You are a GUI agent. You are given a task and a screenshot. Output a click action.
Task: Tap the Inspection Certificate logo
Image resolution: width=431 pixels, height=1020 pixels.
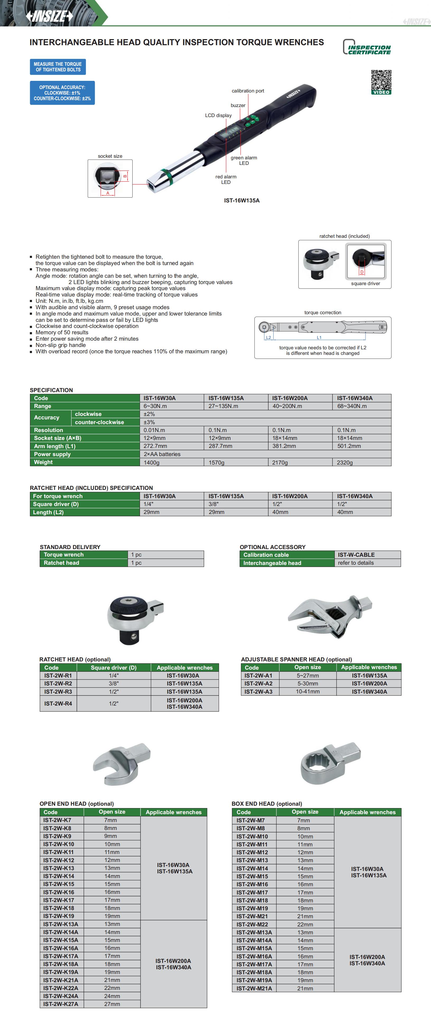click(367, 47)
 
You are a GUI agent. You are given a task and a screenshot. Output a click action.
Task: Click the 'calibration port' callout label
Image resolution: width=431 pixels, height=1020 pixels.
click(248, 91)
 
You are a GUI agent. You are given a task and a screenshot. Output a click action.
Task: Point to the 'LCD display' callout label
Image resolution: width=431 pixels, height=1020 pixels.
click(218, 115)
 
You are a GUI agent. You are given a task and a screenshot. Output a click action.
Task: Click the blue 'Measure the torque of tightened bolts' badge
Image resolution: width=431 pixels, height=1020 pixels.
click(58, 67)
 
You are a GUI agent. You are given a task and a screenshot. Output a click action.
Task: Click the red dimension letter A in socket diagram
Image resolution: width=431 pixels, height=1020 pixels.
click(108, 193)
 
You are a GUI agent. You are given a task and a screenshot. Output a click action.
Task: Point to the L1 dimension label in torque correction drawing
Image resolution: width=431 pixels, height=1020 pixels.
click(319, 338)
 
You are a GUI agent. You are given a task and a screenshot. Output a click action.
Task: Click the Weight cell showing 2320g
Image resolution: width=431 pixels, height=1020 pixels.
click(344, 462)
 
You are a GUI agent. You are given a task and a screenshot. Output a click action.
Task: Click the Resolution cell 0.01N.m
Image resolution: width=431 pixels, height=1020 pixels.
click(154, 430)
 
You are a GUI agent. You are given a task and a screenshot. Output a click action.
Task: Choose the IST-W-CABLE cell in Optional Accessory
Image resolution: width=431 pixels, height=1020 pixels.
click(356, 555)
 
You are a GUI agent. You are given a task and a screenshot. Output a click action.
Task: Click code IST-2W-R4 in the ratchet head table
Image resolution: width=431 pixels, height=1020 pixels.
click(58, 704)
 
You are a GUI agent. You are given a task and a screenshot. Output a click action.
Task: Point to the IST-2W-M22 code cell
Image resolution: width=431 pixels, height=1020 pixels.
click(252, 924)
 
